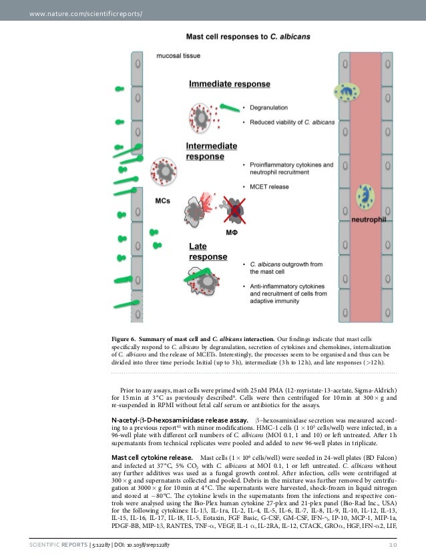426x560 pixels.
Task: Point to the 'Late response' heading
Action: [x=208, y=252]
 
